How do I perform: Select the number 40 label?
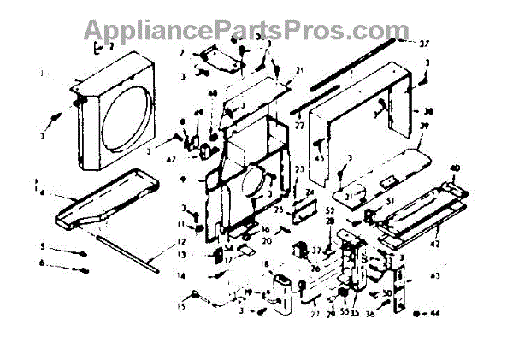(454, 167)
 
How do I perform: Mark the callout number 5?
(40, 246)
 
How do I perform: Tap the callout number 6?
(40, 263)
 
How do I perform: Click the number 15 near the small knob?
(180, 304)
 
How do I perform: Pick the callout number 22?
(299, 126)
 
